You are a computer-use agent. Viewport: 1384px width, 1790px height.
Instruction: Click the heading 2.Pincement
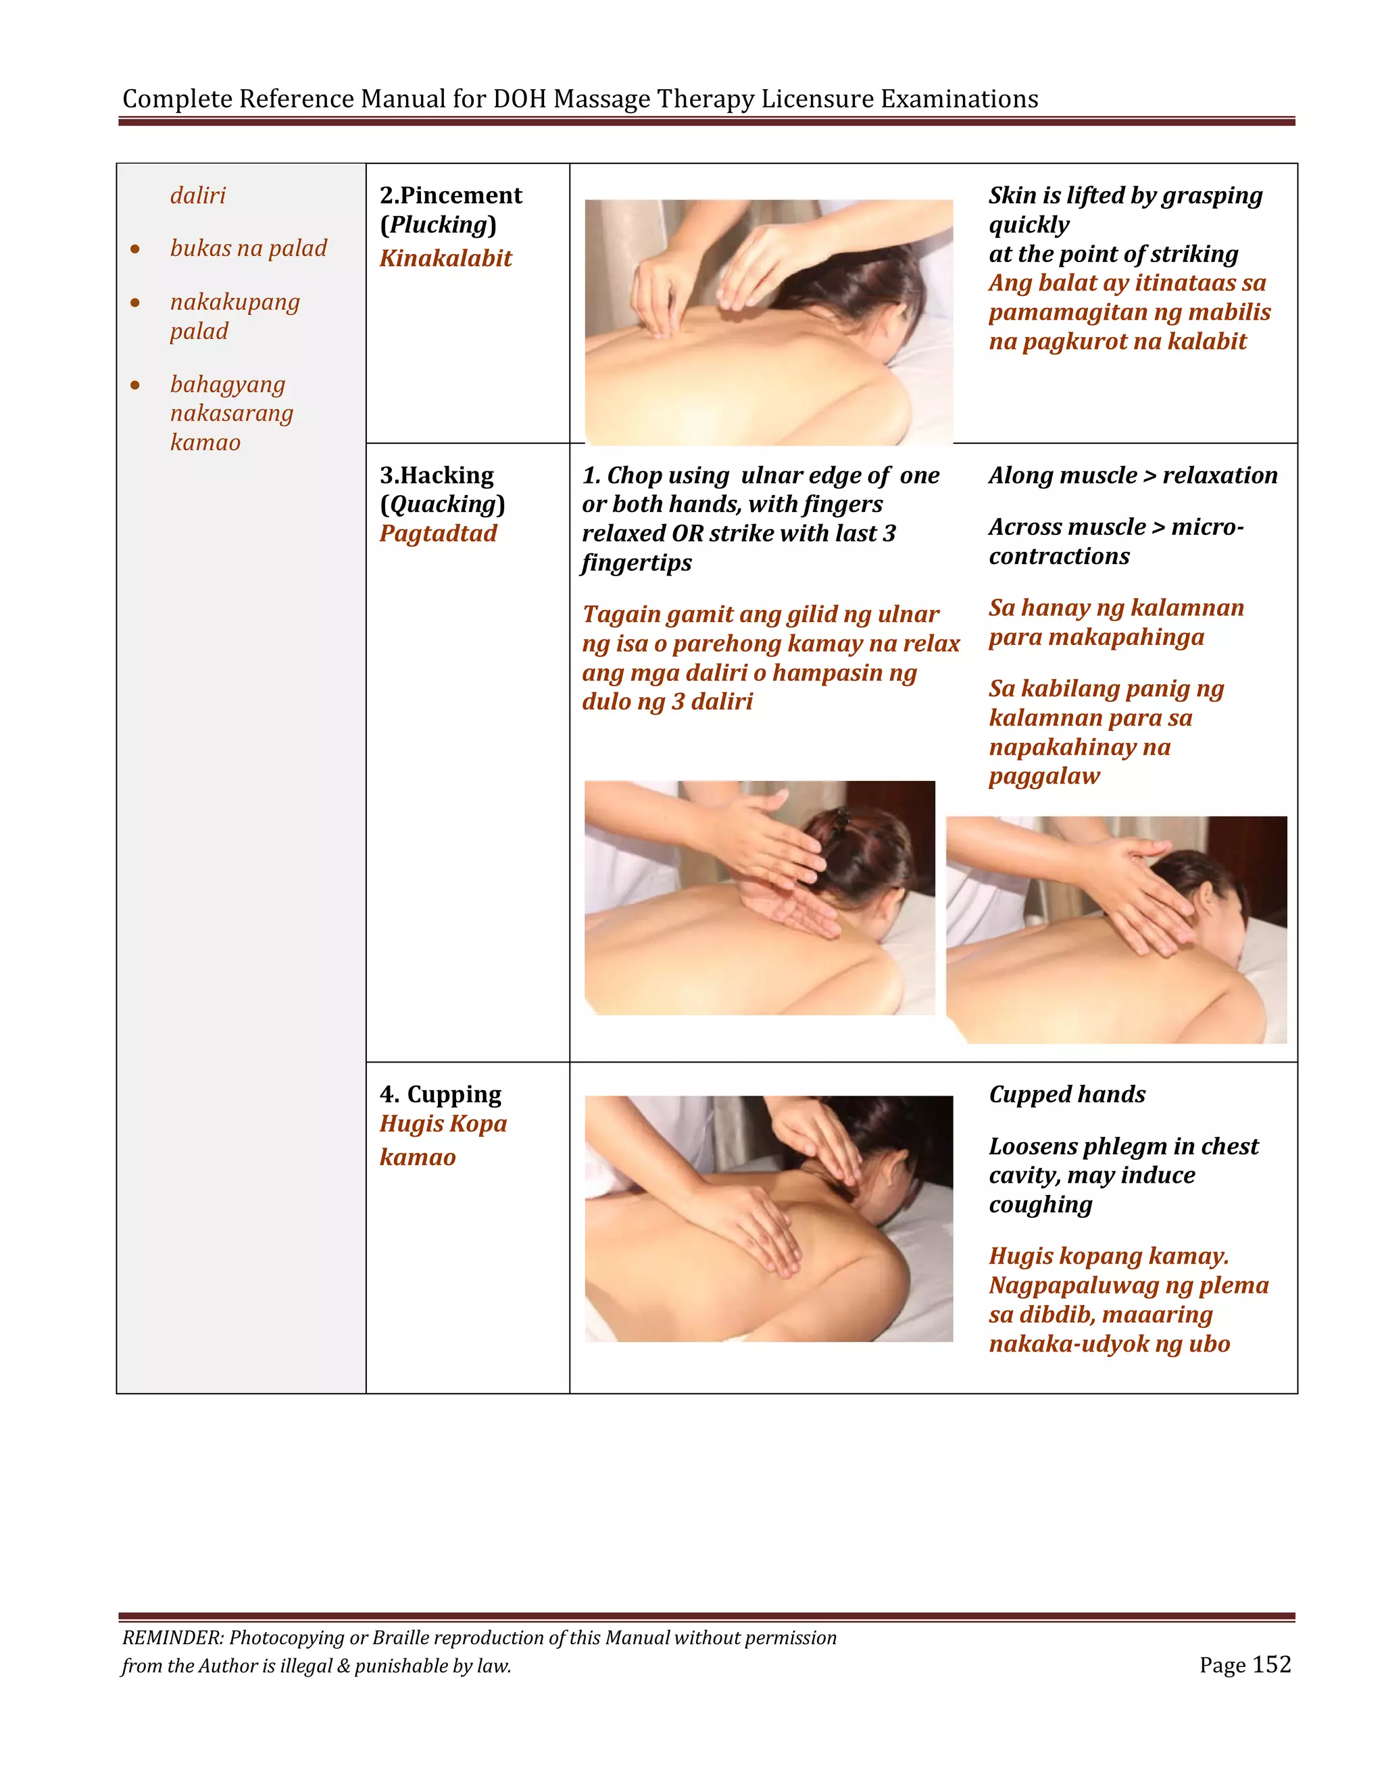click(x=450, y=195)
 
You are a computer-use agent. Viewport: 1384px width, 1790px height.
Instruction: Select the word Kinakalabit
click(x=445, y=258)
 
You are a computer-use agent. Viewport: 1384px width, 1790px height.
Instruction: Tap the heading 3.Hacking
click(x=436, y=476)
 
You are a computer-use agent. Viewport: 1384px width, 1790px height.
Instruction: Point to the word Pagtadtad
click(x=438, y=534)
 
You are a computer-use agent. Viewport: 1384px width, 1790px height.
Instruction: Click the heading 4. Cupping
click(x=441, y=1094)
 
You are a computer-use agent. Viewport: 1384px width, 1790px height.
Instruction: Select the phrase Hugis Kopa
click(x=443, y=1124)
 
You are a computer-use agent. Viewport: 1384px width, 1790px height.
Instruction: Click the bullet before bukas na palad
click(x=135, y=249)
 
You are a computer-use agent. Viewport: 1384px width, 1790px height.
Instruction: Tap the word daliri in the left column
click(x=197, y=196)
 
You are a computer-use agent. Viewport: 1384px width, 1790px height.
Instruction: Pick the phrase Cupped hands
click(x=1066, y=1094)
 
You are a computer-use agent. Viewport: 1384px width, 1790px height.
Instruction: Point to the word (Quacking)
click(x=442, y=504)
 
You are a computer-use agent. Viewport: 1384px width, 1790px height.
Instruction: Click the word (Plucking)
click(x=438, y=224)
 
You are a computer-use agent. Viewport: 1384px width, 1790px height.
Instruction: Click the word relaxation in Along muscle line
click(x=1219, y=476)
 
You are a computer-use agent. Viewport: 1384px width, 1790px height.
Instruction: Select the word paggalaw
click(x=1043, y=776)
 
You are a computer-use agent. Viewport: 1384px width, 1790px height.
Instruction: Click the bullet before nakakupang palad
click(x=135, y=303)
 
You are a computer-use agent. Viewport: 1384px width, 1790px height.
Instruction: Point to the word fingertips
click(x=636, y=563)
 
